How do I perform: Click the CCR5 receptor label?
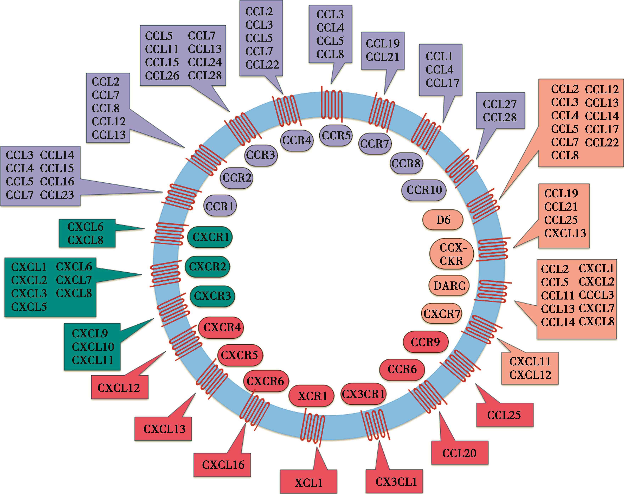click(x=336, y=135)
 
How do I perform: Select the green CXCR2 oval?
click(x=207, y=266)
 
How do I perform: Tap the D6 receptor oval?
click(x=443, y=220)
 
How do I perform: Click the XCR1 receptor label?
click(x=312, y=396)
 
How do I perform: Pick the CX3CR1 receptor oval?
click(x=363, y=394)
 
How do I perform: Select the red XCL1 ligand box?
click(x=308, y=482)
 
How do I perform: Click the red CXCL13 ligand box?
click(x=164, y=429)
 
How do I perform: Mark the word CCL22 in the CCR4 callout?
click(x=262, y=64)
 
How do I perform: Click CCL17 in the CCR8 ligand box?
click(x=442, y=83)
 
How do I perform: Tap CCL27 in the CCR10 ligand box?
click(x=500, y=104)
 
